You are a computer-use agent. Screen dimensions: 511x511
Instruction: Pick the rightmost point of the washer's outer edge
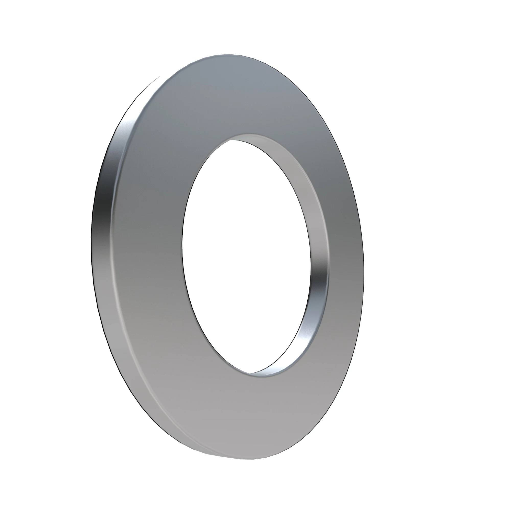coord(364,267)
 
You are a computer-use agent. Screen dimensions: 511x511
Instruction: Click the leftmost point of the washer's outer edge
coord(91,238)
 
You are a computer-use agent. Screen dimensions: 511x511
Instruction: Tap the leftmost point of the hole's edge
coord(182,243)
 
